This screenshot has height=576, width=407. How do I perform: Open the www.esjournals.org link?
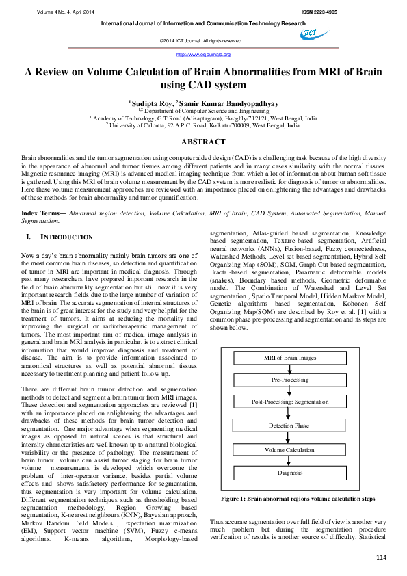pyautogui.click(x=203, y=54)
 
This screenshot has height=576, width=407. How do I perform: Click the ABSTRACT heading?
pyautogui.click(x=203, y=142)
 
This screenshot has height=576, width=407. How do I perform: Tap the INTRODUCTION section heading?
pyautogui.click(x=68, y=237)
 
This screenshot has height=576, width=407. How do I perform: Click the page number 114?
pyautogui.click(x=381, y=558)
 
